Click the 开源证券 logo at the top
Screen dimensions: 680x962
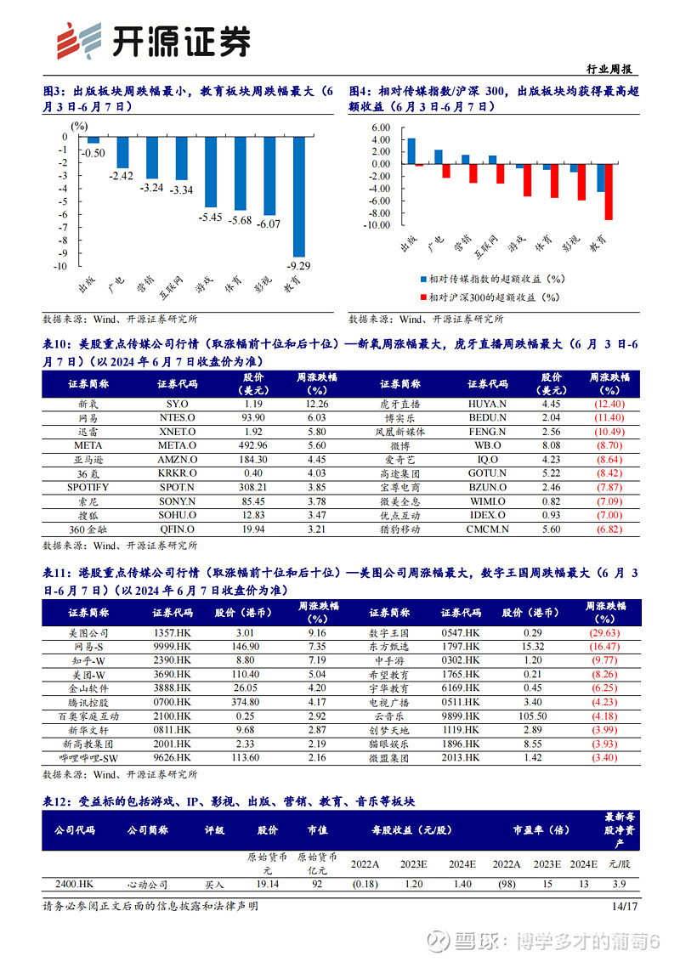point(154,41)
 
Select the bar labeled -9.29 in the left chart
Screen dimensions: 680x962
point(299,196)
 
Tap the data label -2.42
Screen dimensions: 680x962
point(121,176)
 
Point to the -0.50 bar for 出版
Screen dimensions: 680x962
point(93,140)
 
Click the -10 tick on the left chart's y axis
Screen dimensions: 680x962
point(60,266)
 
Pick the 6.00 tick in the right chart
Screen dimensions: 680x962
point(381,127)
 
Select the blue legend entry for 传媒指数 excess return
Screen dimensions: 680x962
point(492,279)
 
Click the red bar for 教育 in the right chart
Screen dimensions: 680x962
point(609,191)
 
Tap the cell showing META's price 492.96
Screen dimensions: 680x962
point(252,445)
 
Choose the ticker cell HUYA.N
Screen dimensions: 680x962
point(487,404)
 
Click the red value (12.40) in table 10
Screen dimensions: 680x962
point(609,404)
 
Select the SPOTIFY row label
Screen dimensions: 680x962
point(88,487)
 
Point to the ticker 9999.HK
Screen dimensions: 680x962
point(173,647)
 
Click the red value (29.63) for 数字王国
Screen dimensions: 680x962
point(605,632)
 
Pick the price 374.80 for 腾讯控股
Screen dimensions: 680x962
point(246,702)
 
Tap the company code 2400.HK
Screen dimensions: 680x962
point(74,884)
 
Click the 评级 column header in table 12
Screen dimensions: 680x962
point(215,830)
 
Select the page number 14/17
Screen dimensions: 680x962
point(625,906)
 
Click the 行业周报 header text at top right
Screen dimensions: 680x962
point(609,69)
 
